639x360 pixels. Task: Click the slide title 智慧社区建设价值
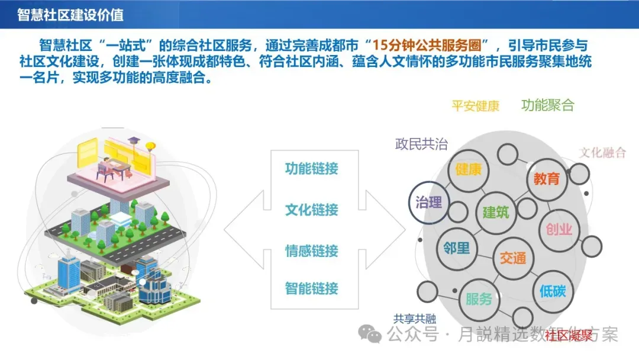point(70,15)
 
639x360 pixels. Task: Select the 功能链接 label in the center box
point(311,168)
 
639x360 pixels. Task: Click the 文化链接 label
point(311,210)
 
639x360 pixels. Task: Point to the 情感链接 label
point(311,250)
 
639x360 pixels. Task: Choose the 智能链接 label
point(311,289)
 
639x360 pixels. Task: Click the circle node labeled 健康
point(469,169)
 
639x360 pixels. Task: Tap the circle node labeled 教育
point(546,178)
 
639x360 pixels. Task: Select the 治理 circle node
point(429,202)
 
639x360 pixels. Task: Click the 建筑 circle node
point(496,211)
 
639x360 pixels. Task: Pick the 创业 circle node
point(559,229)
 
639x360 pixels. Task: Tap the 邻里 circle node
point(457,247)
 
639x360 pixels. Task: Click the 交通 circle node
point(512,259)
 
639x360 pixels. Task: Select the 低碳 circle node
point(553,291)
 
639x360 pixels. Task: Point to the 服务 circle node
point(479,298)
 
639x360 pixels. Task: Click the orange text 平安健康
point(476,107)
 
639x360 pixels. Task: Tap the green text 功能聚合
point(548,105)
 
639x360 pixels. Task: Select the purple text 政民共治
point(421,144)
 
